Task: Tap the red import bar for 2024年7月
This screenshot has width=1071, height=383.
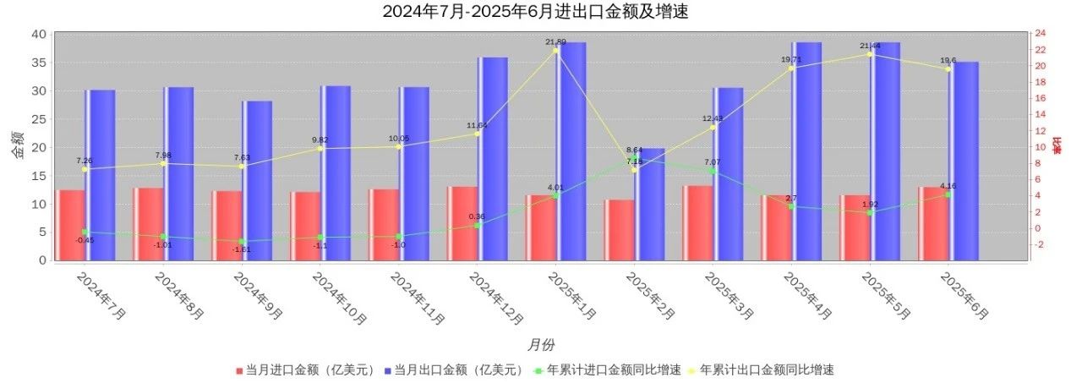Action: (70, 224)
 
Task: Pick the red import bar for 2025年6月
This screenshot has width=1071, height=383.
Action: (933, 223)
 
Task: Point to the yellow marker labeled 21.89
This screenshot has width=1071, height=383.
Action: (555, 51)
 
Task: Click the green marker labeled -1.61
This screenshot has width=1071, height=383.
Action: (242, 242)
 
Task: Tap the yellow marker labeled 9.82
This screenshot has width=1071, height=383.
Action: (320, 149)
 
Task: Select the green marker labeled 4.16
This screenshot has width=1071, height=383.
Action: (948, 194)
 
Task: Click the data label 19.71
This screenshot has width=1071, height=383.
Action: (790, 60)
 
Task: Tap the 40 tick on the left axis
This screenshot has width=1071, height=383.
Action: (38, 34)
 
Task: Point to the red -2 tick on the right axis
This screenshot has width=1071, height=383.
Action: (1040, 244)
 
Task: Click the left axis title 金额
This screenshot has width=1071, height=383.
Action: (18, 146)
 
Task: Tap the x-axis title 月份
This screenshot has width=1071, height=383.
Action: (541, 345)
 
